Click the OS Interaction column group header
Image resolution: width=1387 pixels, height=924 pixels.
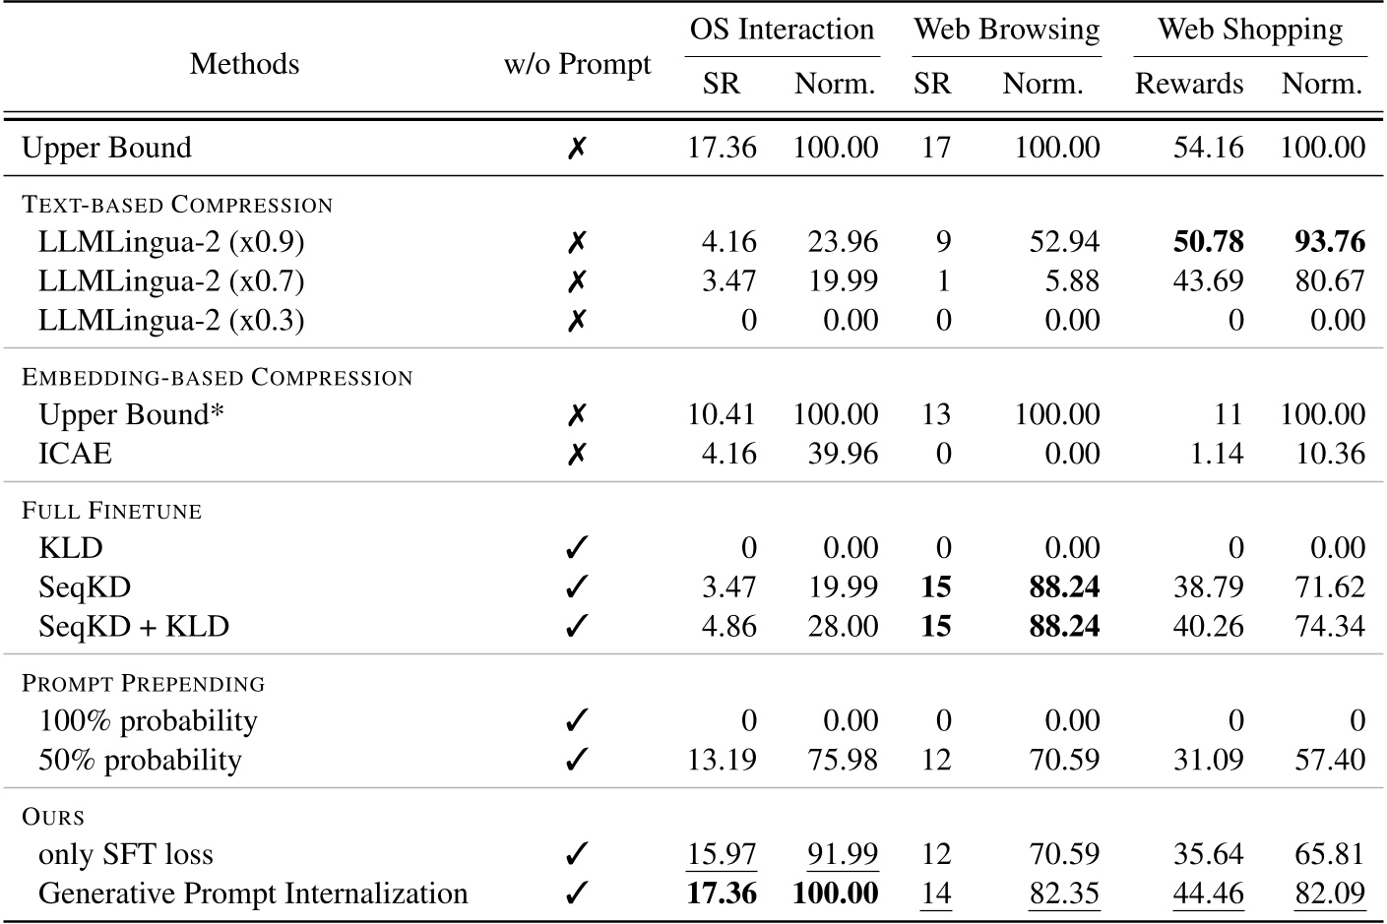tap(782, 30)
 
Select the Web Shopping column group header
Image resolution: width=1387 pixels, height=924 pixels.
tap(1249, 30)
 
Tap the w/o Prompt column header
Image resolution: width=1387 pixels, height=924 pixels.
tap(577, 65)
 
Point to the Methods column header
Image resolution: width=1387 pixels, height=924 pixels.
tap(244, 64)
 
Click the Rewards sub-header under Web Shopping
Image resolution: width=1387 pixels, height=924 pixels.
tap(1188, 84)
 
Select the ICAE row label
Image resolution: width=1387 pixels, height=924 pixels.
tap(75, 454)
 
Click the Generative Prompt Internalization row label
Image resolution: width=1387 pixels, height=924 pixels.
tap(253, 893)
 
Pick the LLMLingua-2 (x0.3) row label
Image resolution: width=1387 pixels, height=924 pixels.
tap(171, 321)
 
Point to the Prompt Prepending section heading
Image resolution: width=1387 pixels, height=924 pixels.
tap(143, 684)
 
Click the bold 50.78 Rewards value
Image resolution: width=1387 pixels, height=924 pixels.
tap(1208, 242)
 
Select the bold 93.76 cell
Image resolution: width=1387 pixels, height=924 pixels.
tap(1329, 242)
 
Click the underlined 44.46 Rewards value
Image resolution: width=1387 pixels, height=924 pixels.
tap(1208, 893)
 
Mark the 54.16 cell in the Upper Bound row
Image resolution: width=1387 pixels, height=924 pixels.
tap(1208, 148)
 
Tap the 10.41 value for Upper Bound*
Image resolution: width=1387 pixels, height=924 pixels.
tap(722, 414)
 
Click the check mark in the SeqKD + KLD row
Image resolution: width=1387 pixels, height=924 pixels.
tap(577, 627)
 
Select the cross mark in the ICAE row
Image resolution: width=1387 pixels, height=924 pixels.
tap(577, 454)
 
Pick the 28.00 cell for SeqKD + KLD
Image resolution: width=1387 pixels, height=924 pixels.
tap(843, 627)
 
